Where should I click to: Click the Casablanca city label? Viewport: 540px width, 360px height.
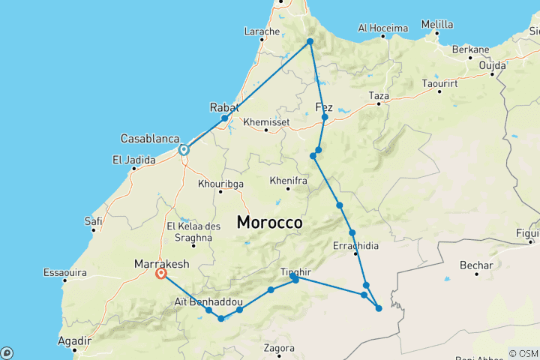point(149,139)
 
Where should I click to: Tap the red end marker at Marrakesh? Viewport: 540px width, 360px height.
point(160,274)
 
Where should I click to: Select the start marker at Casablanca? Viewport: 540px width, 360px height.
point(183,150)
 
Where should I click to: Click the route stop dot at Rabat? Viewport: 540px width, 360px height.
point(224,118)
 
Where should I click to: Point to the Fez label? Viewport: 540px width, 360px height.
point(325,106)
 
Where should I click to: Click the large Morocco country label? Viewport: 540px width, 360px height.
point(269,223)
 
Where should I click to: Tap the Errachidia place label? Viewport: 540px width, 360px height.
point(355,245)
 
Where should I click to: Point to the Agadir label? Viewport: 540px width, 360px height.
point(74,340)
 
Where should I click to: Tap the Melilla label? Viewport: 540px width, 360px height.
point(436,24)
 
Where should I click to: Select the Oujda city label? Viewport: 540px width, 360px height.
point(493,64)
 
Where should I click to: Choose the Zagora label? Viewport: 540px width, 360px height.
point(278,348)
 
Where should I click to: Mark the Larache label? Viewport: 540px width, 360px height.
point(262,31)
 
